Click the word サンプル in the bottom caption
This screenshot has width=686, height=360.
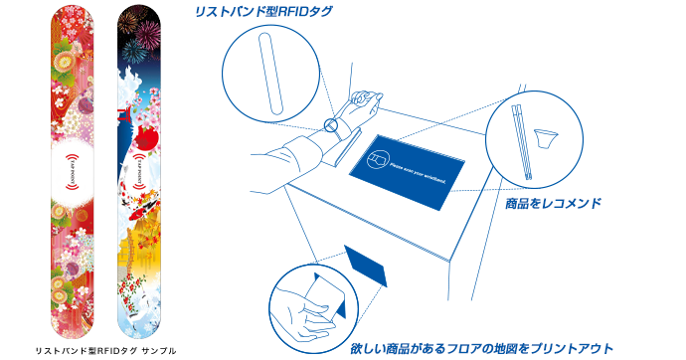pyautogui.click(x=158, y=350)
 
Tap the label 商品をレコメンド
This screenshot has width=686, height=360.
pyautogui.click(x=553, y=203)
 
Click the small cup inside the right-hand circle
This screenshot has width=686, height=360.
pyautogui.click(x=546, y=134)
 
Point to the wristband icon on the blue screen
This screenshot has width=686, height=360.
pyautogui.click(x=380, y=156)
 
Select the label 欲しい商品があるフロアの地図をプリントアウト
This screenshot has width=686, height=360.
pyautogui.click(x=481, y=349)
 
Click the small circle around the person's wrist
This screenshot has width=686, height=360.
pyautogui.click(x=333, y=126)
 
